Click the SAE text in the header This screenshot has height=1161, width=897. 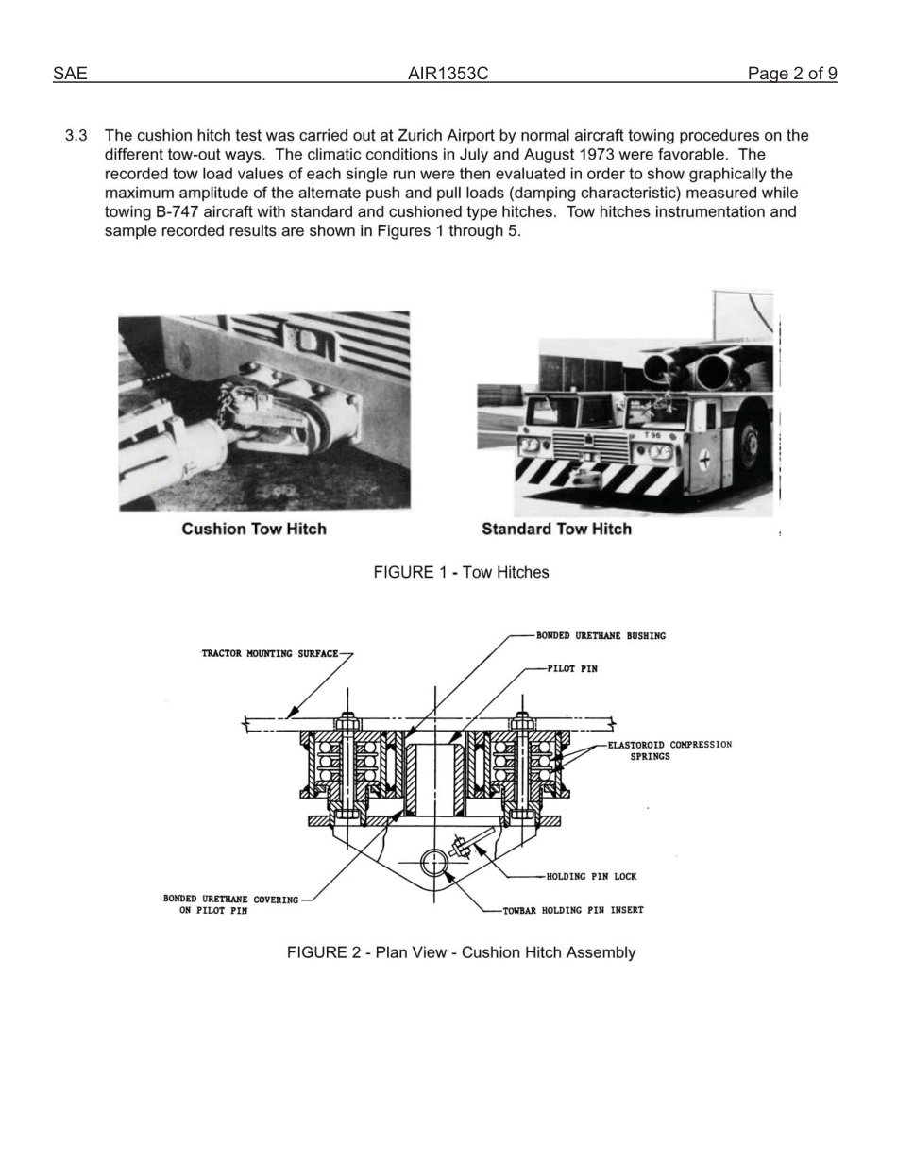70,74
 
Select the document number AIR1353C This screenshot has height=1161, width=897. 448,74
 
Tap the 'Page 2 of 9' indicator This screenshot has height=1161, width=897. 791,74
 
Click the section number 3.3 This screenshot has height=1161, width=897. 76,136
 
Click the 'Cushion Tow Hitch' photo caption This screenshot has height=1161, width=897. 254,529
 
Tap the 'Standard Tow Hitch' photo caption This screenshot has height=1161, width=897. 556,529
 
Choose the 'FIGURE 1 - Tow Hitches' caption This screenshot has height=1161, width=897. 461,572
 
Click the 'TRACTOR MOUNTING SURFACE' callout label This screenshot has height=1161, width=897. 269,654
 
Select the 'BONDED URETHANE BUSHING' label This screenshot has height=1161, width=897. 601,636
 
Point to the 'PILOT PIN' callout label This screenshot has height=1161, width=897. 572,669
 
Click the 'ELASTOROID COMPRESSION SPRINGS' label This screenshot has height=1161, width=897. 669,750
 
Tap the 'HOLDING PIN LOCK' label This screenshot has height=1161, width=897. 591,877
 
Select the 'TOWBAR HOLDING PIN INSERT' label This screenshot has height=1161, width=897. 573,911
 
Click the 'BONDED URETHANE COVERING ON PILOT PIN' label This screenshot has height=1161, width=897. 229,905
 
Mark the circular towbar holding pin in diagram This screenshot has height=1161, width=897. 433,862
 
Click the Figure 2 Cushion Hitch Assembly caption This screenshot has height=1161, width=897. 461,952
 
